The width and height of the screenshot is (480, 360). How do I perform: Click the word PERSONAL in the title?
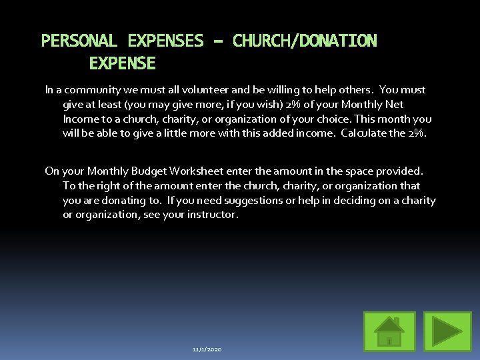(x=79, y=41)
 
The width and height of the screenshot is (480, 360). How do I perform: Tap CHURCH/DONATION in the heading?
(x=305, y=41)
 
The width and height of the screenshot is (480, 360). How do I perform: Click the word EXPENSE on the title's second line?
(x=122, y=64)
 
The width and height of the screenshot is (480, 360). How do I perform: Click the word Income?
(x=80, y=119)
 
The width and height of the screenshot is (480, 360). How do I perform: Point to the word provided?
(x=400, y=171)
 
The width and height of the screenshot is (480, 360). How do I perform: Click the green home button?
(x=389, y=331)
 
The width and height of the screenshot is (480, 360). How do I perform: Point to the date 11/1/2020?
(x=207, y=349)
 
